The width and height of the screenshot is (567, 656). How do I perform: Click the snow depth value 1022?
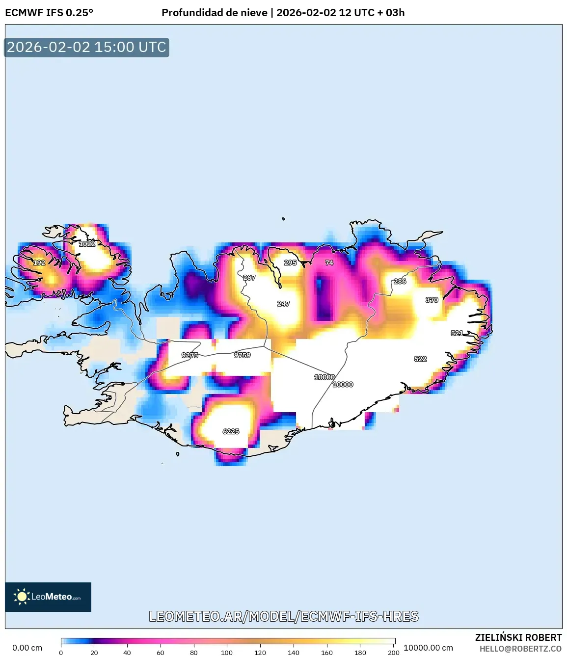(x=87, y=244)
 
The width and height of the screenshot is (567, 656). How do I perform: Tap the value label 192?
(x=39, y=262)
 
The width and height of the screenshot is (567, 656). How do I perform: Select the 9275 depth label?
(x=190, y=355)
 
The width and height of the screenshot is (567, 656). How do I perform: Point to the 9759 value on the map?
(x=243, y=355)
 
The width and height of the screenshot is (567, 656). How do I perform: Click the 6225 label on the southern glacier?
(x=231, y=431)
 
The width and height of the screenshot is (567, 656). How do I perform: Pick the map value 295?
(x=291, y=262)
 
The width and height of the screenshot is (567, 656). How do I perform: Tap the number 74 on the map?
(x=329, y=262)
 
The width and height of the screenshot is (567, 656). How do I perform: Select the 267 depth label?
(x=249, y=278)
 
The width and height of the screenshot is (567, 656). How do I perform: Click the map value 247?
(x=284, y=304)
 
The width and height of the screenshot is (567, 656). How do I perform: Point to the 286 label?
(x=400, y=281)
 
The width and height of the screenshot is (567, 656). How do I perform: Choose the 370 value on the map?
(x=432, y=300)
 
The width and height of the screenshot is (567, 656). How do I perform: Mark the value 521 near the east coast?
(x=457, y=333)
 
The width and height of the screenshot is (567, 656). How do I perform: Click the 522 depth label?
(x=421, y=359)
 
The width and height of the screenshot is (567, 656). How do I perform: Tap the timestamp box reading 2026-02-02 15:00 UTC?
(x=87, y=47)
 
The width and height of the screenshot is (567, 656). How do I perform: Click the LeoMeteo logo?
(x=48, y=597)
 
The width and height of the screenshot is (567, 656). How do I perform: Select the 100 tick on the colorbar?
(x=227, y=653)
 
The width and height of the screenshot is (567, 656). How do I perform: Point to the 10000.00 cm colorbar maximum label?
(x=428, y=648)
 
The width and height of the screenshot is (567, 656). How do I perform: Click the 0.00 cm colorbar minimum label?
(x=27, y=648)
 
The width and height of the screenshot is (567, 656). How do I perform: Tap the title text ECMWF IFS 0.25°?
(x=49, y=13)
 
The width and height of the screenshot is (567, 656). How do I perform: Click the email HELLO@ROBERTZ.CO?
(x=520, y=649)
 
